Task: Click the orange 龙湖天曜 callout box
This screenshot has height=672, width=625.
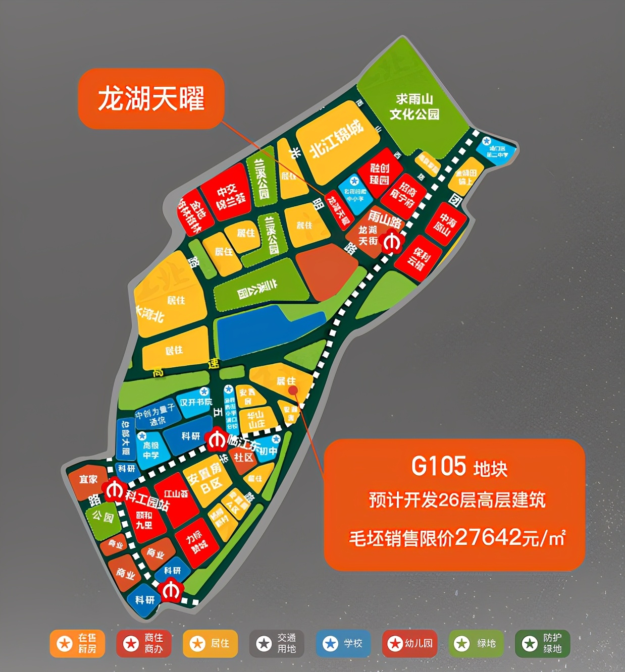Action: click(x=150, y=98)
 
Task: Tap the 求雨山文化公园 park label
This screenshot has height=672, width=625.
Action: click(x=414, y=106)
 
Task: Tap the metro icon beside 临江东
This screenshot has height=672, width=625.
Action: click(x=217, y=440)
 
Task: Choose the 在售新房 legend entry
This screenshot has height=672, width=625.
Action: click(x=77, y=644)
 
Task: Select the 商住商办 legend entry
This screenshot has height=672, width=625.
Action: click(x=144, y=644)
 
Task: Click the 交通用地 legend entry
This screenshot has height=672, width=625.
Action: click(x=277, y=644)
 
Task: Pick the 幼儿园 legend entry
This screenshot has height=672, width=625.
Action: click(x=409, y=644)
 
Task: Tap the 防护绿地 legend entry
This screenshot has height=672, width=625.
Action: click(x=542, y=644)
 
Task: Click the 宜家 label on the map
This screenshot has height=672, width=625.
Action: click(x=88, y=479)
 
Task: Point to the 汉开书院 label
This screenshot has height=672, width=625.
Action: click(x=196, y=403)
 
